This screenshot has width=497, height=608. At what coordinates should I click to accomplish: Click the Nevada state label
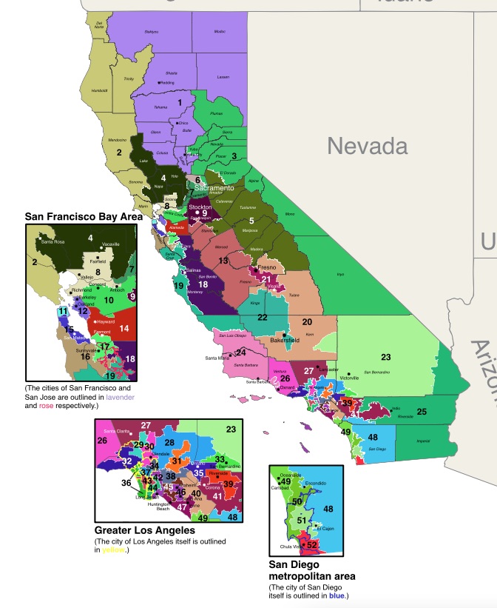click(x=368, y=145)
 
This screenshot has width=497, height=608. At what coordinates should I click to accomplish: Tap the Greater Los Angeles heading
click(x=145, y=531)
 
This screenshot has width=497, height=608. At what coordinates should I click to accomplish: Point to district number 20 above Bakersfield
click(x=307, y=322)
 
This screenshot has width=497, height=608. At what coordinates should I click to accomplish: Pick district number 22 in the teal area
click(x=262, y=317)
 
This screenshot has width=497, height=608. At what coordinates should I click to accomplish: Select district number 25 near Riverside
click(x=421, y=411)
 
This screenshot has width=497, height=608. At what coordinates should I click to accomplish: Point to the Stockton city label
click(x=200, y=207)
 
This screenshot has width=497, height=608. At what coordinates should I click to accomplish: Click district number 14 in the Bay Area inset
click(x=124, y=327)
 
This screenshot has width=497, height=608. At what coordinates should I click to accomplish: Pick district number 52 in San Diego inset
click(x=312, y=544)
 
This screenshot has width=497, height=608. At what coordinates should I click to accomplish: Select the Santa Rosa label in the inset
click(x=53, y=241)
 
